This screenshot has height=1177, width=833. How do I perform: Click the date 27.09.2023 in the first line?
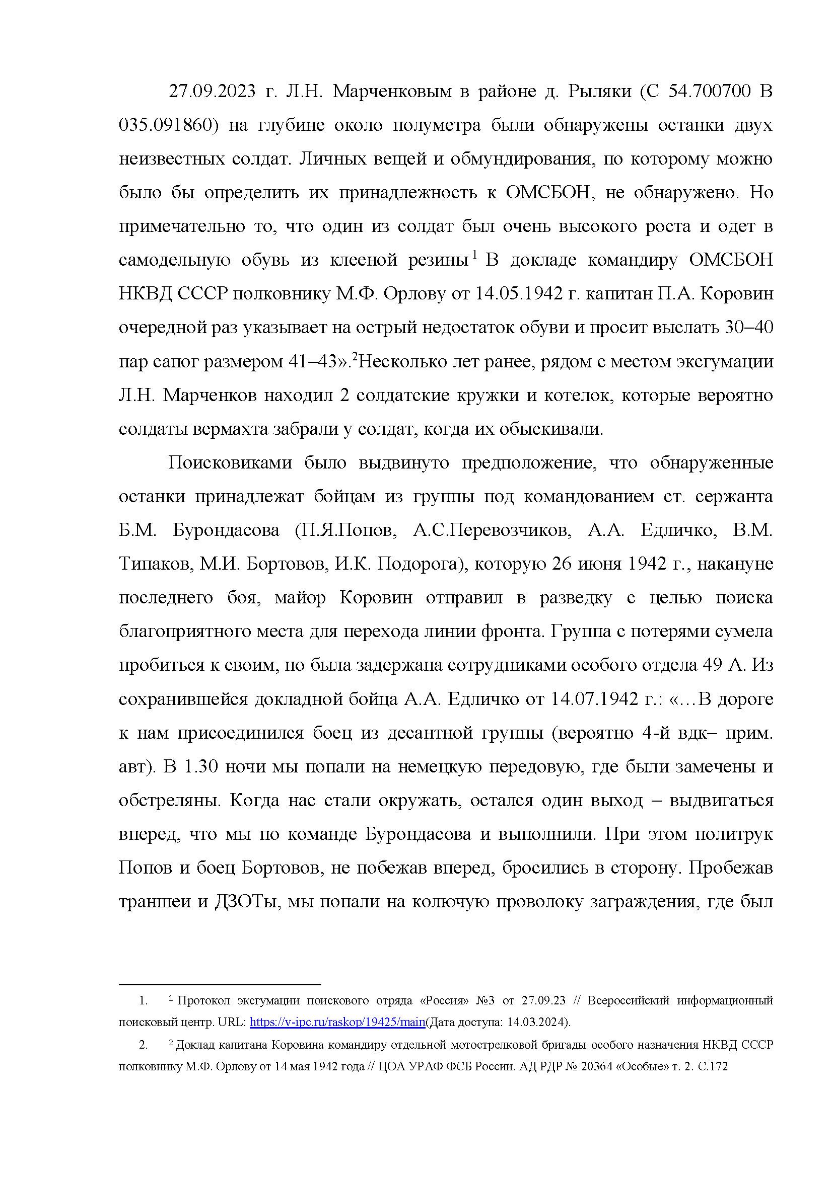click(x=212, y=92)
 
